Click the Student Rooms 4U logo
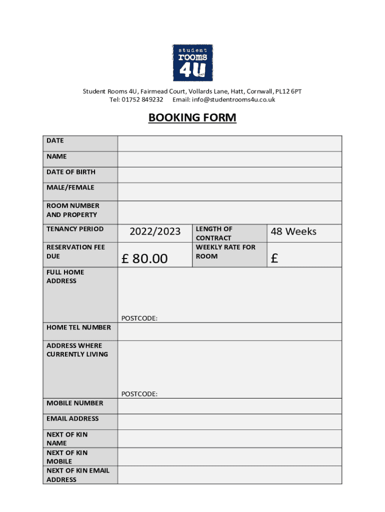tap(192, 62)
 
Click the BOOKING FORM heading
tap(192, 118)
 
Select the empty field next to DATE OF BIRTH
tap(229, 174)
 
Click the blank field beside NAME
tap(229, 159)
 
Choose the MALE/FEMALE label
tap(70, 187)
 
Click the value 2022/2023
tap(155, 231)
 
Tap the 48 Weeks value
tap(293, 231)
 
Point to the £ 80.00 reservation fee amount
tap(145, 258)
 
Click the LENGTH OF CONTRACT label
tap(214, 233)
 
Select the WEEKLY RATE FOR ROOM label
tap(225, 251)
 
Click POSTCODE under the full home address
tap(139, 318)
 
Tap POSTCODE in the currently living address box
tap(139, 394)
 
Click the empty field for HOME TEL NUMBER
tap(229, 331)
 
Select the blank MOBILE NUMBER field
tap(229, 406)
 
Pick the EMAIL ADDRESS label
tap(72, 418)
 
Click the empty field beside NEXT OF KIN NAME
tap(229, 438)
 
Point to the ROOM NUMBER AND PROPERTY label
tap(73, 210)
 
